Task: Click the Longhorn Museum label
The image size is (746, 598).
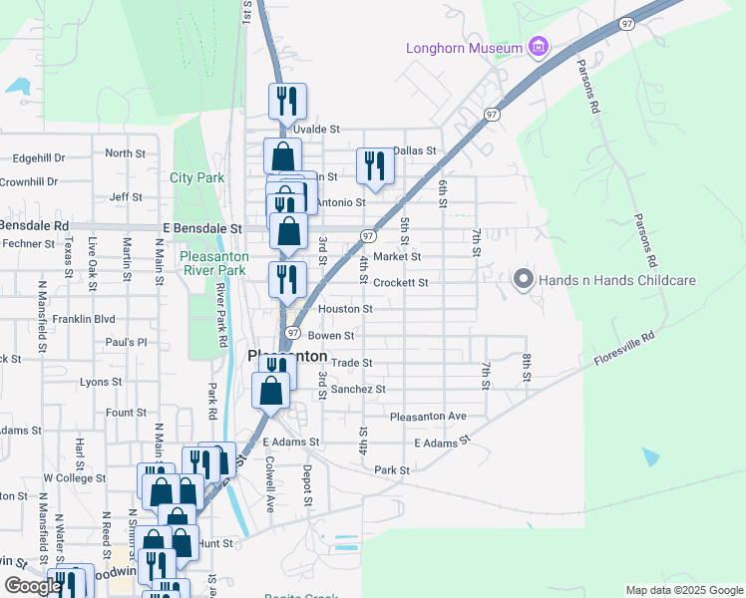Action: click(x=464, y=48)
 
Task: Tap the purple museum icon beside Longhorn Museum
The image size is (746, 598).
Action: click(x=539, y=47)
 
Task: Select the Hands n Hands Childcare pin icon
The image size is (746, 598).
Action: click(x=524, y=281)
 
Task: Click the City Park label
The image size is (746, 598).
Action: click(x=197, y=178)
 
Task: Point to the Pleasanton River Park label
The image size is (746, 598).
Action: click(x=212, y=263)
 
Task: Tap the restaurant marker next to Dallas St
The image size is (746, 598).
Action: click(x=375, y=166)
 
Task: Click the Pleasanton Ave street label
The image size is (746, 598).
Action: click(x=428, y=416)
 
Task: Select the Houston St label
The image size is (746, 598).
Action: click(x=345, y=309)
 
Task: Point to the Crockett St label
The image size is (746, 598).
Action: click(x=401, y=283)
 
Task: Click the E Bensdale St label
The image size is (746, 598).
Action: click(x=203, y=228)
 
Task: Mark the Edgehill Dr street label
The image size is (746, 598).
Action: click(x=40, y=157)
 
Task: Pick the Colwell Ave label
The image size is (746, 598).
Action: click(x=269, y=484)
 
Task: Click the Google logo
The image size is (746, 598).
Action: click(x=33, y=586)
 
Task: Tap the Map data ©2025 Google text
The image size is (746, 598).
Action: click(x=683, y=590)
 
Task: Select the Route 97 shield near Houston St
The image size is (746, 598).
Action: click(x=293, y=332)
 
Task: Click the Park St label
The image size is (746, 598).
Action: click(x=392, y=469)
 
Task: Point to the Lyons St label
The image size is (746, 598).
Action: click(x=101, y=382)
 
